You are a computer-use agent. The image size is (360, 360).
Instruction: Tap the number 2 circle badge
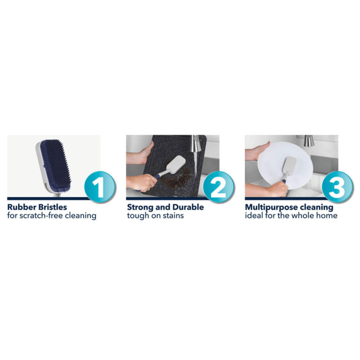coord(219,187)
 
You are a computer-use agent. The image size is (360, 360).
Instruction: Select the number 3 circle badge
coord(337,187)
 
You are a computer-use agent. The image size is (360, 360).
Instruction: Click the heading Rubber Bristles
coord(37,207)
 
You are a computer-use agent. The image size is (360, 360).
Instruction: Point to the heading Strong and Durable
coord(165,207)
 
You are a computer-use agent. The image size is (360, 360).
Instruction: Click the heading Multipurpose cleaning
coord(289,207)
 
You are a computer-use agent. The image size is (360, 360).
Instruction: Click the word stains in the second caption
coord(174,216)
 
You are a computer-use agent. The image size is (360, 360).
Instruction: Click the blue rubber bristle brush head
coord(54,165)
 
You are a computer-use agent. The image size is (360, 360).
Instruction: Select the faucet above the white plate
coord(309,140)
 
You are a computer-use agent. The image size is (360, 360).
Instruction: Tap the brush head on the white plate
coord(289,165)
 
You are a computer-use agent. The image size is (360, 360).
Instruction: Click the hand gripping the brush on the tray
coord(141,183)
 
